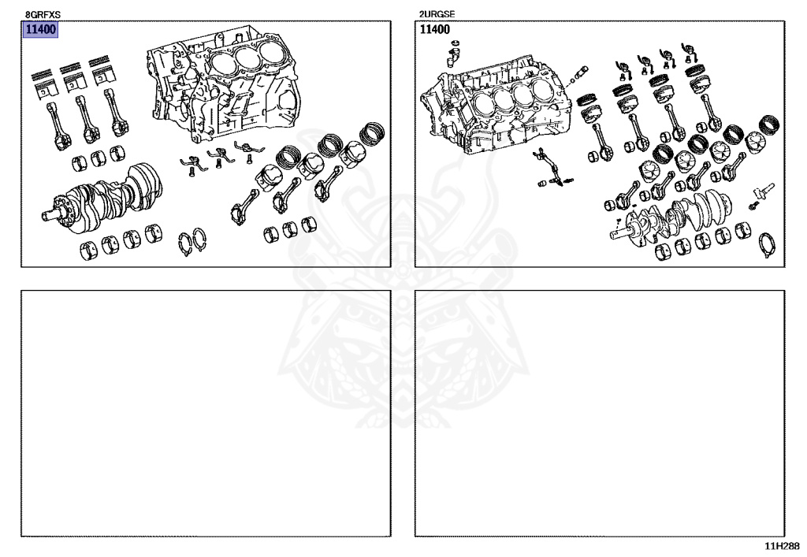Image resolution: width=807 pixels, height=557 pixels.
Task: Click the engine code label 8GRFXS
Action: click(x=43, y=14)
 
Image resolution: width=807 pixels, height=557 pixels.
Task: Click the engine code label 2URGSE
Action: click(x=436, y=14)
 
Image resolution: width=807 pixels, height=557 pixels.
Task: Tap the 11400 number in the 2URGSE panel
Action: click(x=434, y=30)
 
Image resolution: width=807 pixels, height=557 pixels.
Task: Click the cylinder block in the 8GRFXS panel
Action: click(x=225, y=87)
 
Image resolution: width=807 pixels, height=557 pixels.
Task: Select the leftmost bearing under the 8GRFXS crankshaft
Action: click(x=88, y=252)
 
